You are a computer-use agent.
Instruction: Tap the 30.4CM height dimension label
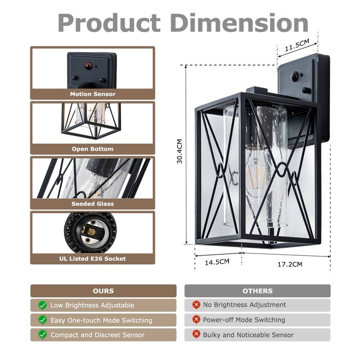[x=180, y=152]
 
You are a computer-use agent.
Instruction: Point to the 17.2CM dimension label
[x=290, y=264]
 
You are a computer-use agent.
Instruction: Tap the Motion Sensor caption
[x=93, y=94]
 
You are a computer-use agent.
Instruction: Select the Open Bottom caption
[x=93, y=149]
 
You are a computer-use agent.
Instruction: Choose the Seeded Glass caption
[x=93, y=204]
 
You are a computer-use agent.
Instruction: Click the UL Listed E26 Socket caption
[x=93, y=259]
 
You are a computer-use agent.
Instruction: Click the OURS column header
[x=103, y=291]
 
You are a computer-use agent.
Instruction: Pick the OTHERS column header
[x=257, y=291]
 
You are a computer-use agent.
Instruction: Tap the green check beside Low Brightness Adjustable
[x=42, y=305]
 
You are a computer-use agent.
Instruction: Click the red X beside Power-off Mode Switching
[x=196, y=319]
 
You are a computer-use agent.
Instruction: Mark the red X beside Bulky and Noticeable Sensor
[x=196, y=334]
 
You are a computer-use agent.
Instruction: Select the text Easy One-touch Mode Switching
[x=101, y=320]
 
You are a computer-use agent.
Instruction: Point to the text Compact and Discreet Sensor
[x=98, y=335]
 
